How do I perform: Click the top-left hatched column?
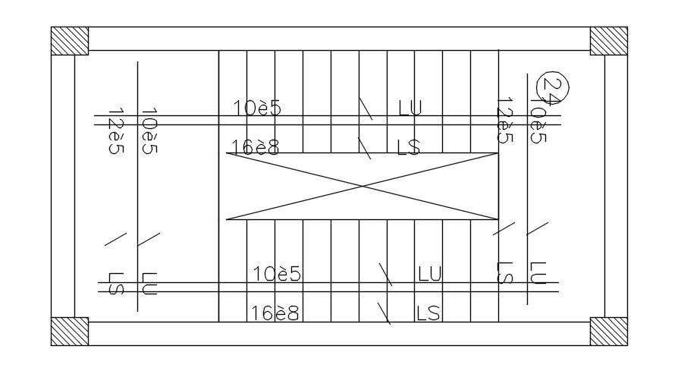tap(70, 41)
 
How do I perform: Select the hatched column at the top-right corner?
tap(608, 41)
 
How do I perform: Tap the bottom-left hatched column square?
tap(70, 332)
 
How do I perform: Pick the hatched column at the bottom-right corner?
tap(608, 332)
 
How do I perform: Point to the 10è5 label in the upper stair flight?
tap(257, 108)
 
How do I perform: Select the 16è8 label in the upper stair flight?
tap(256, 147)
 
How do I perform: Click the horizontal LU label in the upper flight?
tap(410, 108)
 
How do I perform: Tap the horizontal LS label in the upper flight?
tap(409, 147)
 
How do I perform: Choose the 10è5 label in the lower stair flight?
tap(277, 274)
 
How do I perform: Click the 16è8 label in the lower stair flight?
tap(275, 313)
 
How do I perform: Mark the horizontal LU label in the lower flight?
tap(429, 274)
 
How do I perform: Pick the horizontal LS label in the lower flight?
tap(428, 313)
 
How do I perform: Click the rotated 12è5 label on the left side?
tap(115, 131)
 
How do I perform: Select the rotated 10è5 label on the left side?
tap(149, 131)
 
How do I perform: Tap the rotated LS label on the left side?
tap(115, 284)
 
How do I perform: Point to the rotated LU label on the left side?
tap(149, 284)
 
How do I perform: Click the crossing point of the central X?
tap(362, 186)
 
